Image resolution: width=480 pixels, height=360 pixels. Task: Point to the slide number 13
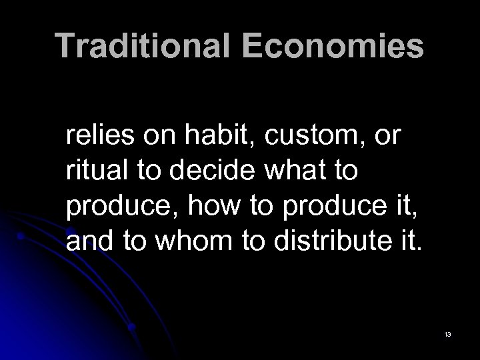click(447, 333)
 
